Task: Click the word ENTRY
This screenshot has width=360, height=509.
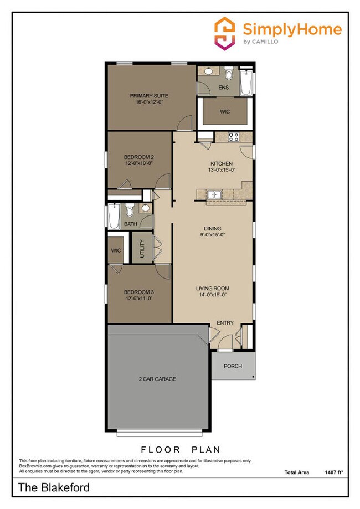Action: click(x=225, y=323)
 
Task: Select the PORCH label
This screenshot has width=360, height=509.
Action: click(x=233, y=366)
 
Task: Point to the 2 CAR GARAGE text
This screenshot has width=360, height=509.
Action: click(x=157, y=379)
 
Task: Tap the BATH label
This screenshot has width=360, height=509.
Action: click(x=130, y=224)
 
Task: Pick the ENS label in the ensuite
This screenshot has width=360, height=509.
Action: click(x=224, y=88)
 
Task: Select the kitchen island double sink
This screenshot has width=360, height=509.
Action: click(x=213, y=194)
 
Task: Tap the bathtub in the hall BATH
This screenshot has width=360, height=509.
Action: click(x=114, y=217)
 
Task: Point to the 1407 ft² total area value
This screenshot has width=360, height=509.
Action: click(x=334, y=472)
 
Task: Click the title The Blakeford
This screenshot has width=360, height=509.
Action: click(x=54, y=488)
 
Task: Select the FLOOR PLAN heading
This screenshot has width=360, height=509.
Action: click(x=180, y=449)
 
